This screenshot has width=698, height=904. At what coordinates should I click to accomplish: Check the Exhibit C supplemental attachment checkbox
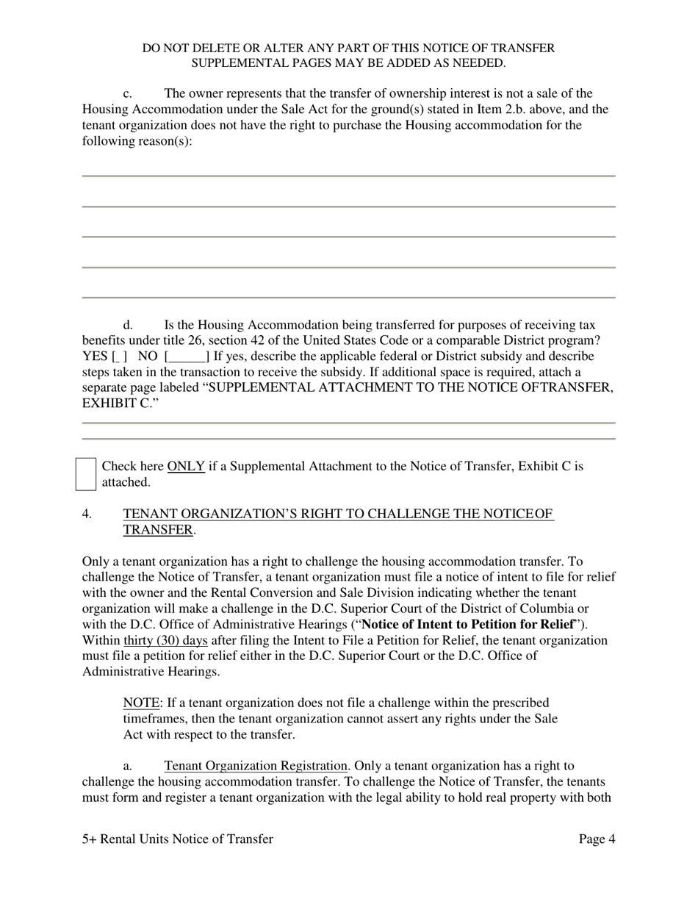(x=86, y=474)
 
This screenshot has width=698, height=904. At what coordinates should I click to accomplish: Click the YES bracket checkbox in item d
(x=119, y=357)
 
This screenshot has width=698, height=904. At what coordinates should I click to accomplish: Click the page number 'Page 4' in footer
(x=597, y=839)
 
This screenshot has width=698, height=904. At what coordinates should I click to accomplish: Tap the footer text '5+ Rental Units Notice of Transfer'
(x=178, y=839)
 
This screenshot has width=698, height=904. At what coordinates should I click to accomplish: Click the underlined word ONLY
(x=186, y=466)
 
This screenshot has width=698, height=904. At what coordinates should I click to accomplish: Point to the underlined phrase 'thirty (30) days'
(x=165, y=640)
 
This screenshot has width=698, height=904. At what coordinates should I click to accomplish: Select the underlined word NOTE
(x=141, y=703)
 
